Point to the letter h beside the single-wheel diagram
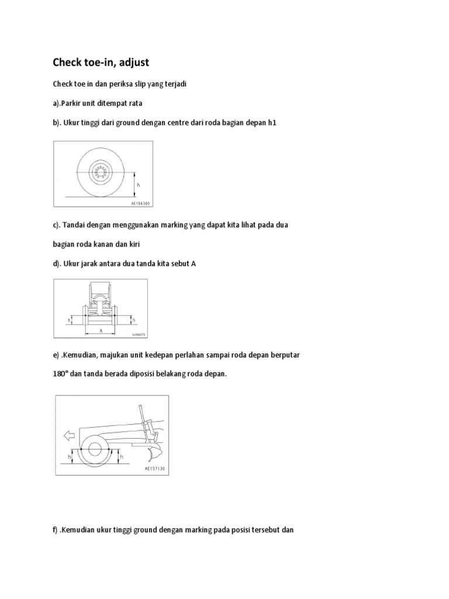[139, 185]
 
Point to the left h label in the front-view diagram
[70, 319]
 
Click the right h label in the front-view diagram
[133, 320]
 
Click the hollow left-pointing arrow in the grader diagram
[67, 434]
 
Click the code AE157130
[155, 469]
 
